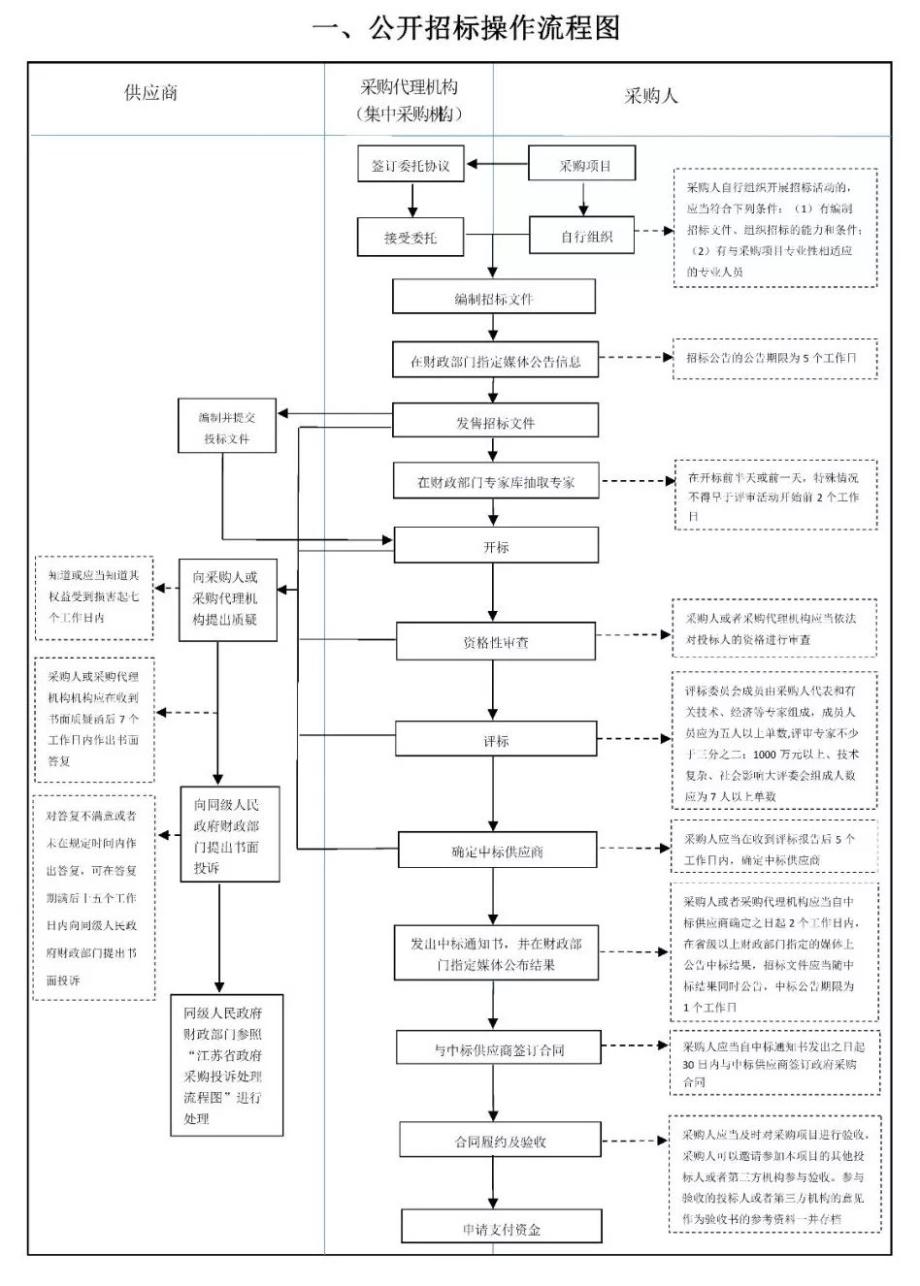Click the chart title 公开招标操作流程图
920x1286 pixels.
tap(466, 28)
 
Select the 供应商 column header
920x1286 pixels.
tap(150, 93)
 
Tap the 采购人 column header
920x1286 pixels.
tap(651, 95)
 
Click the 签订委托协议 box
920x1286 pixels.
tap(411, 166)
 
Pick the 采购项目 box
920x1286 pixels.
tap(582, 165)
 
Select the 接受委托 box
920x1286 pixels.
tap(411, 238)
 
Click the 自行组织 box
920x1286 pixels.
tap(582, 236)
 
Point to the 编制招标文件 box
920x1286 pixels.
tap(494, 298)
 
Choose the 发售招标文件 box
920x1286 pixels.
tap(495, 422)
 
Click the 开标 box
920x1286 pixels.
tap(495, 547)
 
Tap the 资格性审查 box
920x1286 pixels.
tap(495, 642)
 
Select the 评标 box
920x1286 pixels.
tap(495, 741)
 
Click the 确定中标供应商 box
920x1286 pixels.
tap(496, 852)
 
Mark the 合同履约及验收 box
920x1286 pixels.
tap(500, 1141)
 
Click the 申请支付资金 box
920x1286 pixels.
tap(501, 1228)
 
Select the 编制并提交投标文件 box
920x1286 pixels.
tap(227, 428)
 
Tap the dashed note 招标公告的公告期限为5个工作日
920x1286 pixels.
tap(774, 358)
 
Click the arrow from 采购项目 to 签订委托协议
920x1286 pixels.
tap(497, 164)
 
